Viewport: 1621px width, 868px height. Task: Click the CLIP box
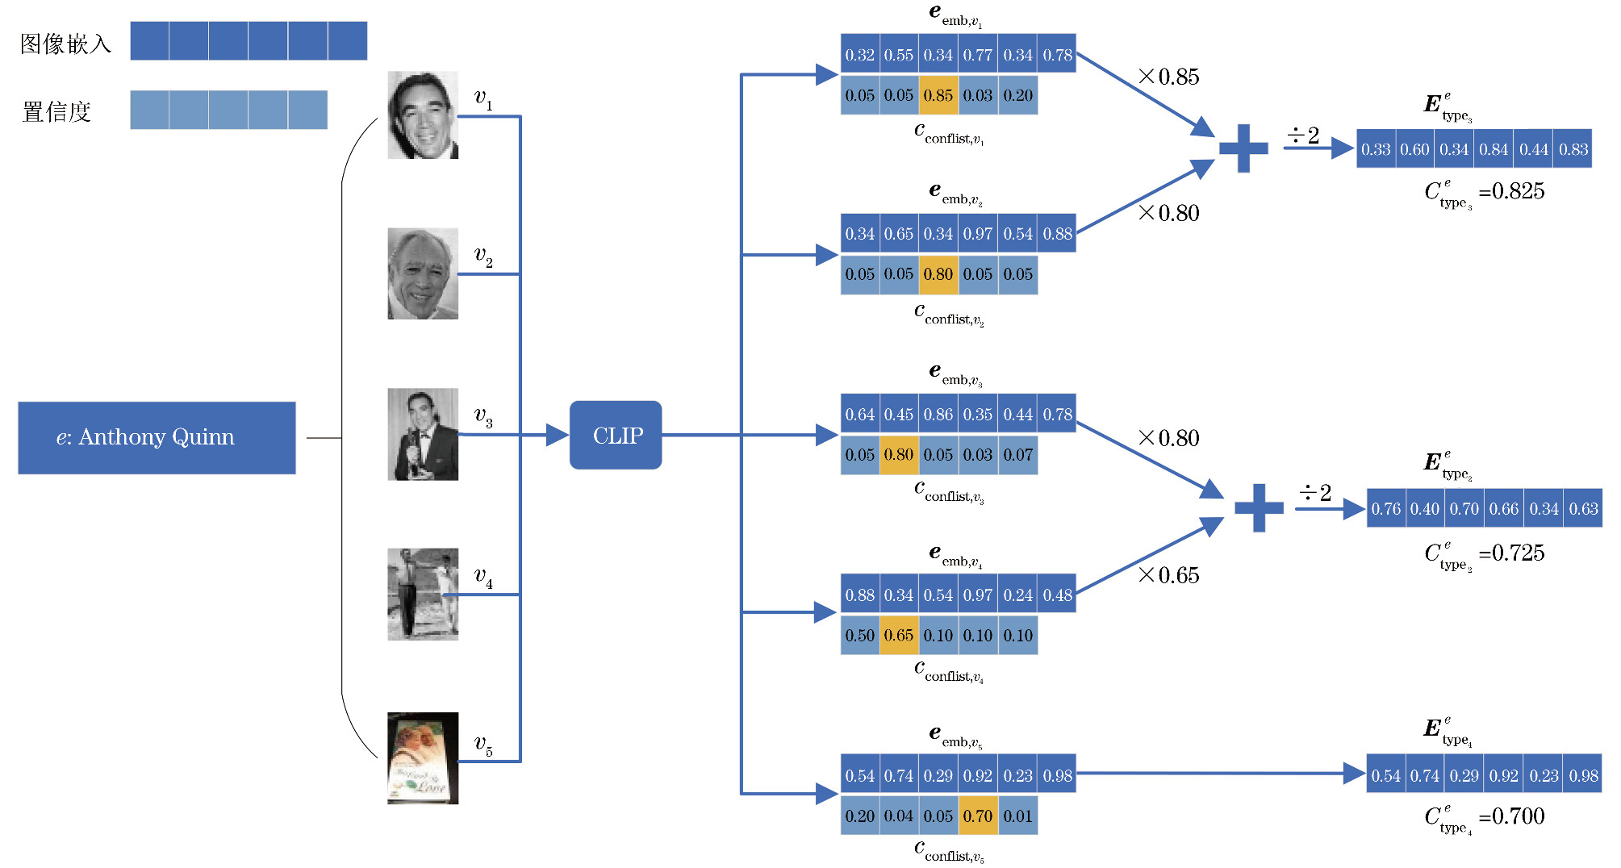click(x=616, y=435)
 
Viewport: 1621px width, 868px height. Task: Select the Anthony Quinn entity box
click(x=157, y=437)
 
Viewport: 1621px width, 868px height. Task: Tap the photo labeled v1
click(x=422, y=115)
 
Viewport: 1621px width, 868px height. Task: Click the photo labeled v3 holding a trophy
click(x=422, y=434)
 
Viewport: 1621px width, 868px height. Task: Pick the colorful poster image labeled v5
click(x=422, y=757)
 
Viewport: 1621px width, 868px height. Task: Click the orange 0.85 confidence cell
click(x=938, y=95)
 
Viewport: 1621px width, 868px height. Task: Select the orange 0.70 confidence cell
click(x=977, y=816)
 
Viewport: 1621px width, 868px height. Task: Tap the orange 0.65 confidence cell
click(x=898, y=635)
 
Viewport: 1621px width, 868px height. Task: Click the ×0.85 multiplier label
click(x=1168, y=77)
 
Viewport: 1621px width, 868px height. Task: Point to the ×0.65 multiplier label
click(x=1168, y=575)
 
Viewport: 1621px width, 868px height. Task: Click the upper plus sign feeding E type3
click(x=1243, y=148)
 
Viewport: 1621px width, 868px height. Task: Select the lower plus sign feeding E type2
click(x=1259, y=508)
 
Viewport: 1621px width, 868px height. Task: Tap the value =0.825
click(x=1511, y=191)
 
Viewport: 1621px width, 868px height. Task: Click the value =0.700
click(x=1511, y=816)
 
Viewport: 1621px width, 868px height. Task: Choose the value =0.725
click(x=1511, y=553)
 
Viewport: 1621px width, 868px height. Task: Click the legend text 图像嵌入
click(x=65, y=44)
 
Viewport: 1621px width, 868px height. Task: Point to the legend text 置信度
click(x=56, y=111)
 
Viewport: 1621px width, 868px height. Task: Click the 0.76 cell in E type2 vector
click(x=1385, y=509)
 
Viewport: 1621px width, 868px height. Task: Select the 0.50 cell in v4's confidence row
click(x=859, y=635)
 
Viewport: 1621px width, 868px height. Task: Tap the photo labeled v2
click(x=422, y=273)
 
